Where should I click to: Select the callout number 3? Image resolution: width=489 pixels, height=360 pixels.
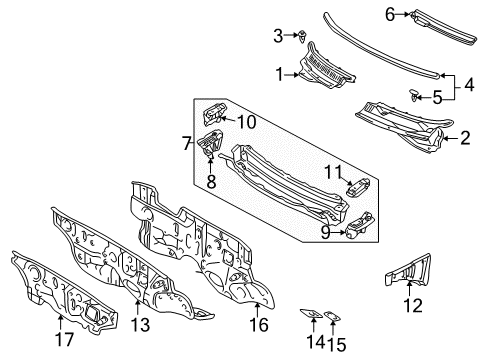click(x=279, y=36)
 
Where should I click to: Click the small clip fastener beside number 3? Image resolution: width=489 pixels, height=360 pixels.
click(x=301, y=37)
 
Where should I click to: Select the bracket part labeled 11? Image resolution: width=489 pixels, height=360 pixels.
click(x=357, y=185)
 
